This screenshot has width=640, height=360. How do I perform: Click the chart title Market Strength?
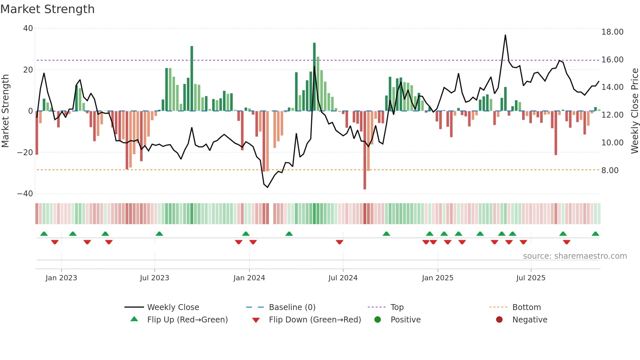47,9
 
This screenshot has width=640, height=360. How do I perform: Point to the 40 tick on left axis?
28,28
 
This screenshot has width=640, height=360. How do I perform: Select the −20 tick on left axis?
25,152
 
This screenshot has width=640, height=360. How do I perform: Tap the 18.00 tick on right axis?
612,32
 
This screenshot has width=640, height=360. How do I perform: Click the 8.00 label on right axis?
610,171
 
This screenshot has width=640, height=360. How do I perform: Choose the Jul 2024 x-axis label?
343,278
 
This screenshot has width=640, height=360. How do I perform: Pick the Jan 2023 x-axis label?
61,278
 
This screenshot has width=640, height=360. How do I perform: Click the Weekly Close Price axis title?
634,111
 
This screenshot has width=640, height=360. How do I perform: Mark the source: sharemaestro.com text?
575,256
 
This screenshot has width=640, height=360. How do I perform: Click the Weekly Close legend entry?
173,307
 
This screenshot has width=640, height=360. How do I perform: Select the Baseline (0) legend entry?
292,307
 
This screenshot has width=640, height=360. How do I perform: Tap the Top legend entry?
397,307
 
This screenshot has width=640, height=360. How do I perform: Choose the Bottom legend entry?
526,307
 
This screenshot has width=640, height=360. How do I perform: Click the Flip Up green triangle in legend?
134,319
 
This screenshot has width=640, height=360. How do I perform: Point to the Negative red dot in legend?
499,319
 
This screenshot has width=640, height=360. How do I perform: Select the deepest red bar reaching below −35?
365,150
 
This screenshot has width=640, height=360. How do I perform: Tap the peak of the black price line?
505,35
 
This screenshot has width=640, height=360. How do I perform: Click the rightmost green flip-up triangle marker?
595,234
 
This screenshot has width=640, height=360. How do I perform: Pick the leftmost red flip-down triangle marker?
55,242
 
